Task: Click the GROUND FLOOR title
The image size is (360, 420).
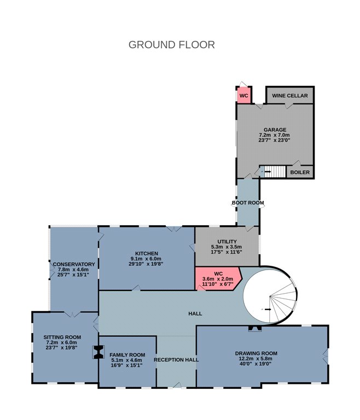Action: tap(172, 45)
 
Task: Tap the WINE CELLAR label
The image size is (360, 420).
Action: tap(290, 96)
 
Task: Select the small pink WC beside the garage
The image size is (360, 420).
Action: tap(243, 96)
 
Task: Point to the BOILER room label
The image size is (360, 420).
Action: tap(300, 172)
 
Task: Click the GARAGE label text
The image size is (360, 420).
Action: tap(275, 130)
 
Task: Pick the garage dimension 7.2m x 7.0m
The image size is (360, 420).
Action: tap(274, 135)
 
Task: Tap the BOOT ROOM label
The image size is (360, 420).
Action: tap(248, 203)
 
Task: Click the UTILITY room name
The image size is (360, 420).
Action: tap(227, 242)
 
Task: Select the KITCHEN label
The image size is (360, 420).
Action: tap(147, 253)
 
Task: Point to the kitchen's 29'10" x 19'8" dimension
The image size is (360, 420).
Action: tap(146, 264)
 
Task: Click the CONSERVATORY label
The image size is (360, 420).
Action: tap(74, 264)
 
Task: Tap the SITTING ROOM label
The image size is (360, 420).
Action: tap(62, 337)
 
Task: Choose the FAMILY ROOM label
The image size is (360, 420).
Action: tap(127, 355)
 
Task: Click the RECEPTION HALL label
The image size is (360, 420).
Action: tap(176, 360)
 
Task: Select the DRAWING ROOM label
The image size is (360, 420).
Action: tap(256, 353)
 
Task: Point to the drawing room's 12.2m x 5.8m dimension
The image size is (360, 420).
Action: tap(256, 359)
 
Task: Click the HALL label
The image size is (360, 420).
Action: tap(195, 314)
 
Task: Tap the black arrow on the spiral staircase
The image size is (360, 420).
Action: tap(268, 310)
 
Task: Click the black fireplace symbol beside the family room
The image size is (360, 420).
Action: tap(98, 352)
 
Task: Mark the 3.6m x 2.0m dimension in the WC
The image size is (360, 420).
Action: tap(218, 279)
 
